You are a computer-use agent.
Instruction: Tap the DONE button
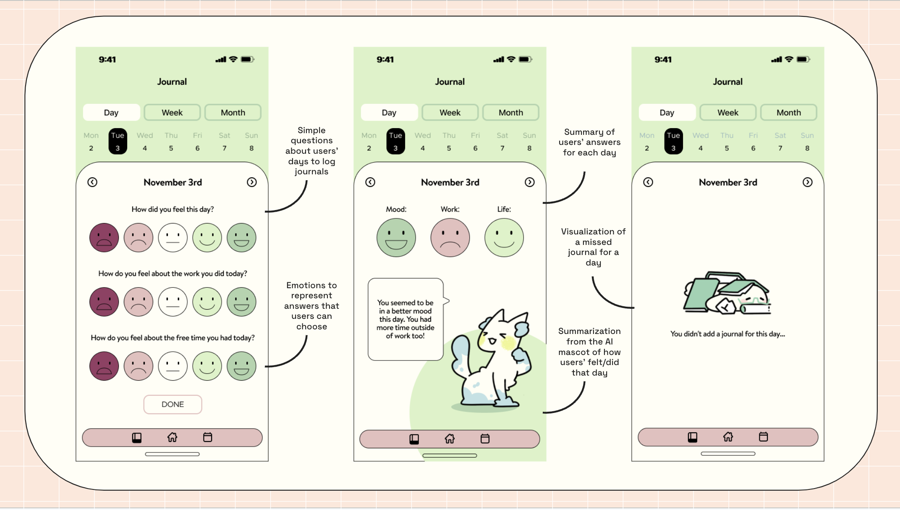173,404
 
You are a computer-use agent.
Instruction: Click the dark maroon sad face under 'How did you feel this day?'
104,238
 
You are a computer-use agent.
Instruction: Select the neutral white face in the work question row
173,302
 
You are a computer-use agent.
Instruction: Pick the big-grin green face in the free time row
241,366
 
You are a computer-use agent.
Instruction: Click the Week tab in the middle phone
450,113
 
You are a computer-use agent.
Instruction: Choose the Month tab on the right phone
788,113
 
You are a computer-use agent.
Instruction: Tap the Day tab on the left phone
111,113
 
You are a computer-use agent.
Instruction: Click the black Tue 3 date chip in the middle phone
395,141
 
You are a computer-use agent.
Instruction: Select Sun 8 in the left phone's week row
251,141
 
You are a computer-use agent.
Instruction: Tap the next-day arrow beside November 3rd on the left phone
251,182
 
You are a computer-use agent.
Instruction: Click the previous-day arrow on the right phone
648,182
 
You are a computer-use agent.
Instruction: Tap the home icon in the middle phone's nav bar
450,439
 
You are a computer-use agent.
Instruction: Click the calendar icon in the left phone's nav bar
207,437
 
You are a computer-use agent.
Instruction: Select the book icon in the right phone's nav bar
693,437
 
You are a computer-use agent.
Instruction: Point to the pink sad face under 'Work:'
450,238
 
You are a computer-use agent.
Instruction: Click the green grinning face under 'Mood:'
396,238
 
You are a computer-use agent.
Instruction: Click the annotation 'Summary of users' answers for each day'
589,142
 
